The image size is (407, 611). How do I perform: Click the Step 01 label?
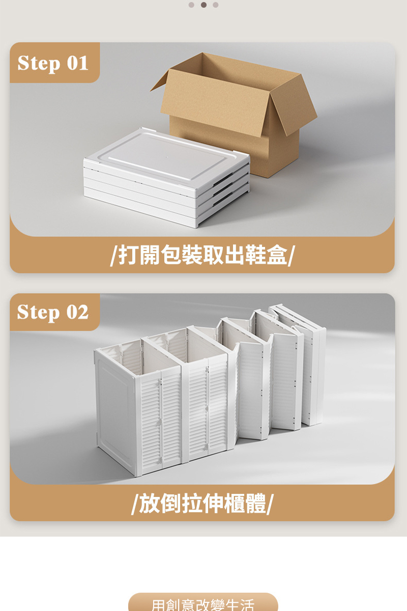pyautogui.click(x=53, y=64)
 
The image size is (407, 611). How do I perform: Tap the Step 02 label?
pyautogui.click(x=53, y=312)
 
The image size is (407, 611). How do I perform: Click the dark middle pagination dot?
pyautogui.click(x=203, y=5)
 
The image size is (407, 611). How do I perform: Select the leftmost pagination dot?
pyautogui.click(x=191, y=5)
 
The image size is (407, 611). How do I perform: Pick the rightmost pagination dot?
pyautogui.click(x=215, y=5)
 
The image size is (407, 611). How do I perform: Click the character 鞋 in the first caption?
pyautogui.click(x=255, y=255)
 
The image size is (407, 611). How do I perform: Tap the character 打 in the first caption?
pyautogui.click(x=129, y=255)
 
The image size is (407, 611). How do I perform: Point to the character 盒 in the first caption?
pyautogui.click(x=276, y=255)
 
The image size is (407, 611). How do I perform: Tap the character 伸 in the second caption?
pyautogui.click(x=213, y=503)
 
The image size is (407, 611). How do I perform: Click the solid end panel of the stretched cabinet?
pyautogui.click(x=115, y=412)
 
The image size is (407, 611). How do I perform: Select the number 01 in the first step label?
pyautogui.click(x=78, y=63)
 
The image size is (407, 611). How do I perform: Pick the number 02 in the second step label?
pyautogui.click(x=78, y=312)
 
